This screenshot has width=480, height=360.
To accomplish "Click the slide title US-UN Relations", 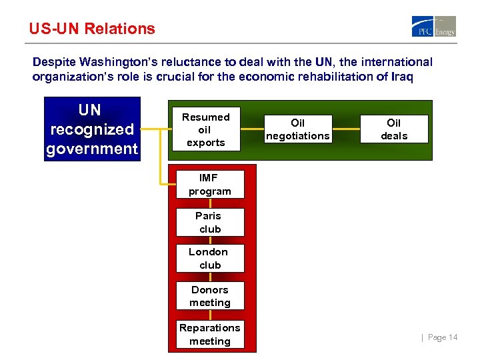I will (x=92, y=29).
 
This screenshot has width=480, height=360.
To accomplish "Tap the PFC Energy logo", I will (x=433, y=27).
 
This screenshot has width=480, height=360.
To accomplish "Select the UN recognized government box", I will (x=92, y=129).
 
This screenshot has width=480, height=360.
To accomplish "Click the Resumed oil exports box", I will (x=205, y=130).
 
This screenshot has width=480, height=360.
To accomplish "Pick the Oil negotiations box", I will (x=298, y=129).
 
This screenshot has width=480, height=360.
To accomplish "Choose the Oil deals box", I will (x=394, y=129).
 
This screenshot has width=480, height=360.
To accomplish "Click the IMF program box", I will (x=209, y=185).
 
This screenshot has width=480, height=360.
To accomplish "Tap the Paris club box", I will (x=209, y=223).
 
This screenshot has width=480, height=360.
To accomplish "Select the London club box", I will (x=209, y=259).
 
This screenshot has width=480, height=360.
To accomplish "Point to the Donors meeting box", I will (x=209, y=296).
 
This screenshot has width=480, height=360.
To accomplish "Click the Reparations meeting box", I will (x=209, y=335).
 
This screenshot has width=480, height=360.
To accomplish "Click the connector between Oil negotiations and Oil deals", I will (x=346, y=129).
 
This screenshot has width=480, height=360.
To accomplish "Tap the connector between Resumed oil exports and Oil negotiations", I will (x=251, y=129).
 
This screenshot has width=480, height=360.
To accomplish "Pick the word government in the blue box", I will (x=92, y=148).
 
